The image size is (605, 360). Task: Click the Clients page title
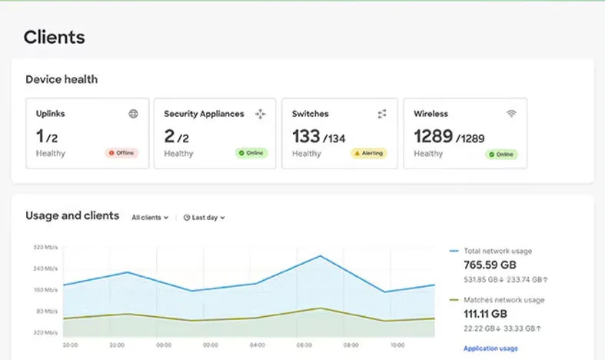pos(54,37)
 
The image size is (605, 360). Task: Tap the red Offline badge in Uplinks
pos(121,153)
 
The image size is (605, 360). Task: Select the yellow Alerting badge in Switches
pos(368,153)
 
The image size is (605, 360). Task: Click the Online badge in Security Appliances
pos(251,153)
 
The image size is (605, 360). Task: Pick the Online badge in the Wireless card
pos(501,155)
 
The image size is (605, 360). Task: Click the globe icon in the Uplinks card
pos(133,114)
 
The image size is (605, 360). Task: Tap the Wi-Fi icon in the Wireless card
pos(511,113)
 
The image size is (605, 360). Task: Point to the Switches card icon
pos(382,114)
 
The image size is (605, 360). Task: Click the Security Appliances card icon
pos(261,114)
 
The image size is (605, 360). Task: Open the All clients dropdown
pos(150,218)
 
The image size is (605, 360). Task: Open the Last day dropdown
pos(204,218)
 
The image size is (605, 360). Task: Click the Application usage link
pos(490,348)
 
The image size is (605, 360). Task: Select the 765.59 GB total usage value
pos(490,265)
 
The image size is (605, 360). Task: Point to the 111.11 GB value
pos(485,314)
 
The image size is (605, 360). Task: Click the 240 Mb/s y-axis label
pos(45,268)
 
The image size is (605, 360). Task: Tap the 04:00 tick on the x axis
pos(258,345)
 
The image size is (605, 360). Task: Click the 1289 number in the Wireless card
pos(434,136)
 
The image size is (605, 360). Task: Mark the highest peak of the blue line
pos(321,255)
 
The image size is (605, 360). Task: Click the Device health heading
pos(61,79)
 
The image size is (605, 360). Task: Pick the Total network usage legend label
pos(497,251)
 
